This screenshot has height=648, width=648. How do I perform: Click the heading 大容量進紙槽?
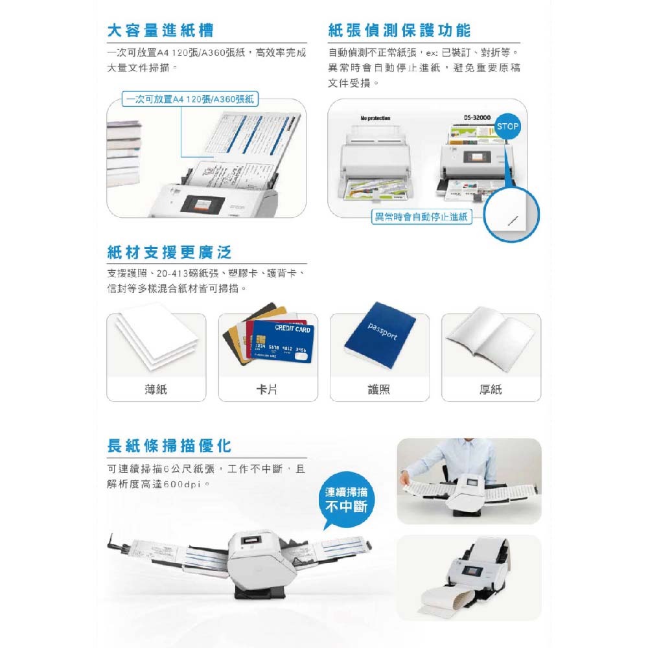[161, 30]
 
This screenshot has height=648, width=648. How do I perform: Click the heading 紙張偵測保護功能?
[400, 30]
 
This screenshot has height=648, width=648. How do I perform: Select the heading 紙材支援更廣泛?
[169, 251]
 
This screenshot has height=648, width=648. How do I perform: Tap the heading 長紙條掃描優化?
[169, 446]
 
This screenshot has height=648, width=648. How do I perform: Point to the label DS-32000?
[477, 118]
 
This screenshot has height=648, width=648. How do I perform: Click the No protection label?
[375, 118]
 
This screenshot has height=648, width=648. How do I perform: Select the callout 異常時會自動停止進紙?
[421, 216]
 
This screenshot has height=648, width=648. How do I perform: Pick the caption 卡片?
[268, 389]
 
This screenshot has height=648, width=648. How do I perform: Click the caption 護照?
[379, 389]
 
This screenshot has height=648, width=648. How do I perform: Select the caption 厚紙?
[491, 389]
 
